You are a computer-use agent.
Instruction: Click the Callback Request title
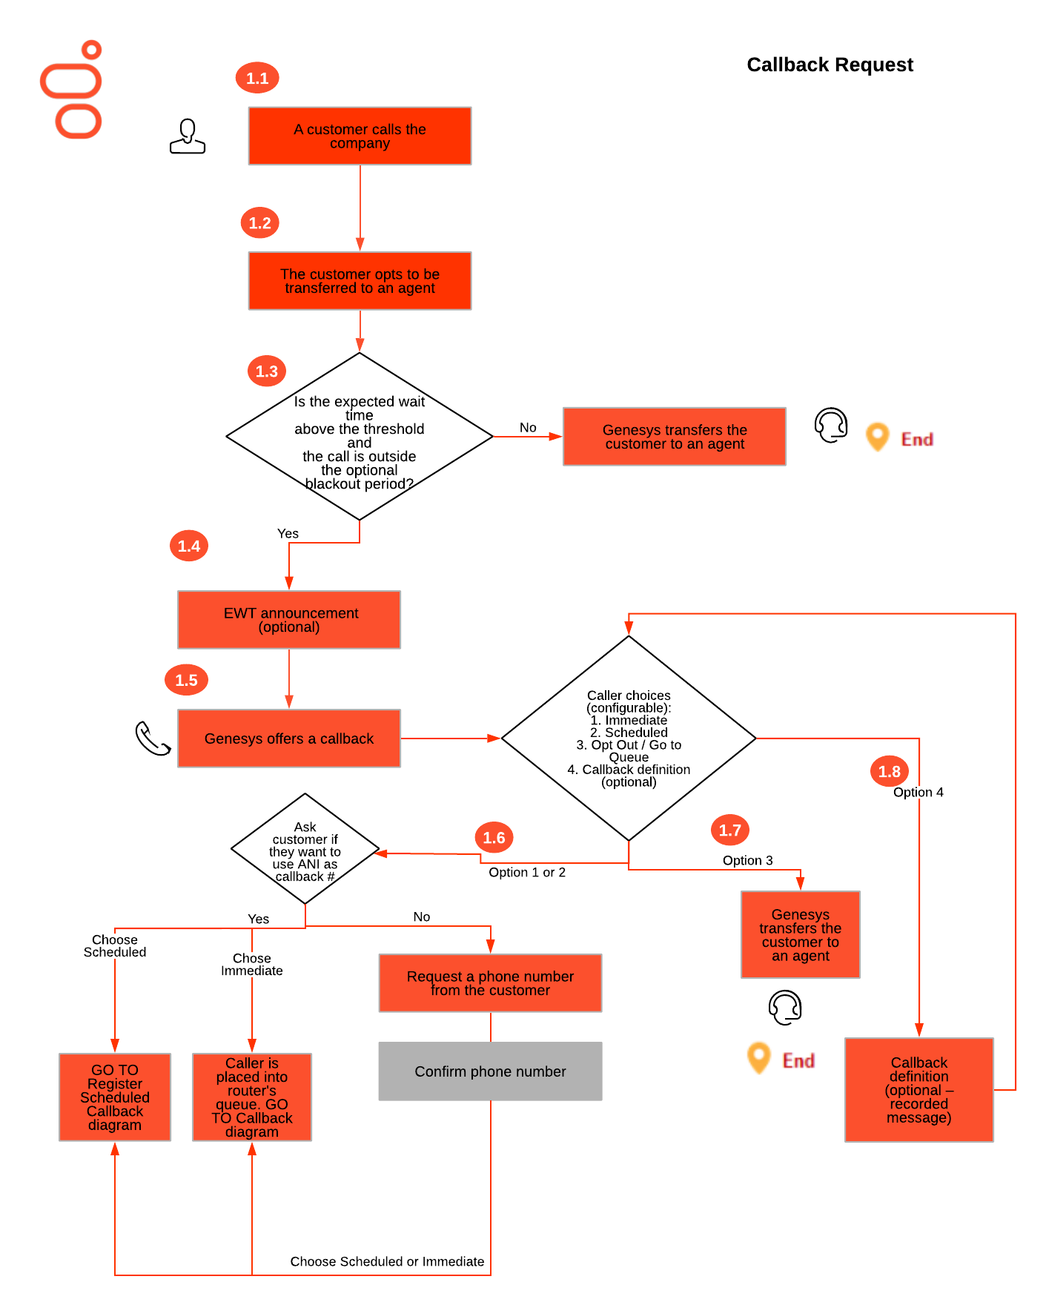[830, 65]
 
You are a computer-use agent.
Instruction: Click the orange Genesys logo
[71, 90]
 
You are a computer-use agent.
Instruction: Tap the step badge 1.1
[257, 78]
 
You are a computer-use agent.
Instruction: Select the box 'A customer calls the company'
[360, 136]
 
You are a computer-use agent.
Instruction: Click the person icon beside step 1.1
[188, 136]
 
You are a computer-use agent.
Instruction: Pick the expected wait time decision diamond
[360, 437]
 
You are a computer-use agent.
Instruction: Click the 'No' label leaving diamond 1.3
[528, 428]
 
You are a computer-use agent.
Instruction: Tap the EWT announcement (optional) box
[289, 620]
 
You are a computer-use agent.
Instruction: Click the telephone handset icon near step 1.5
[153, 739]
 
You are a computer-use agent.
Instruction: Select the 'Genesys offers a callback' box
[289, 739]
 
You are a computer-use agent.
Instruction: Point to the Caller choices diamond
[629, 739]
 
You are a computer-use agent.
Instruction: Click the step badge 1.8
[889, 771]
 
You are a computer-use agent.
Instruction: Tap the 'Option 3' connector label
[747, 860]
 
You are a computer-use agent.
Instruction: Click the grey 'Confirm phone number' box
[490, 1071]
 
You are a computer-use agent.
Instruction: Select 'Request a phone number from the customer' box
[490, 983]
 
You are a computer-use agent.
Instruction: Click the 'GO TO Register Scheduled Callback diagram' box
[115, 1097]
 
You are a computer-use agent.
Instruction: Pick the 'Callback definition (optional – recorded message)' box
[918, 1090]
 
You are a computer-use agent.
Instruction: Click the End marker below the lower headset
[782, 1060]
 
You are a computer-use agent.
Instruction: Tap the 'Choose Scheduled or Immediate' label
[387, 1261]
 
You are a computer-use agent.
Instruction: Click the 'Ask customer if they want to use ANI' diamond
[305, 850]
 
